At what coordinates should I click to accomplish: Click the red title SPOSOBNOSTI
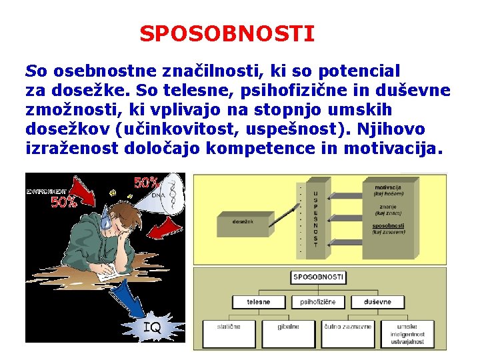click(227, 34)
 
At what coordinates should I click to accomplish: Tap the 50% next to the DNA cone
click(146, 183)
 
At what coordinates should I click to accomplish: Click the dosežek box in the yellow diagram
click(243, 223)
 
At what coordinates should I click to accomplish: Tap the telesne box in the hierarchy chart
click(258, 302)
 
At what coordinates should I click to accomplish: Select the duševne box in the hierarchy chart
click(377, 302)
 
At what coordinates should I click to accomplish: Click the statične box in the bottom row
click(229, 331)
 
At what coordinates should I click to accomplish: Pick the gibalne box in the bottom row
click(288, 331)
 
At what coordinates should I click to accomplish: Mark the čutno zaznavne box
click(347, 331)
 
